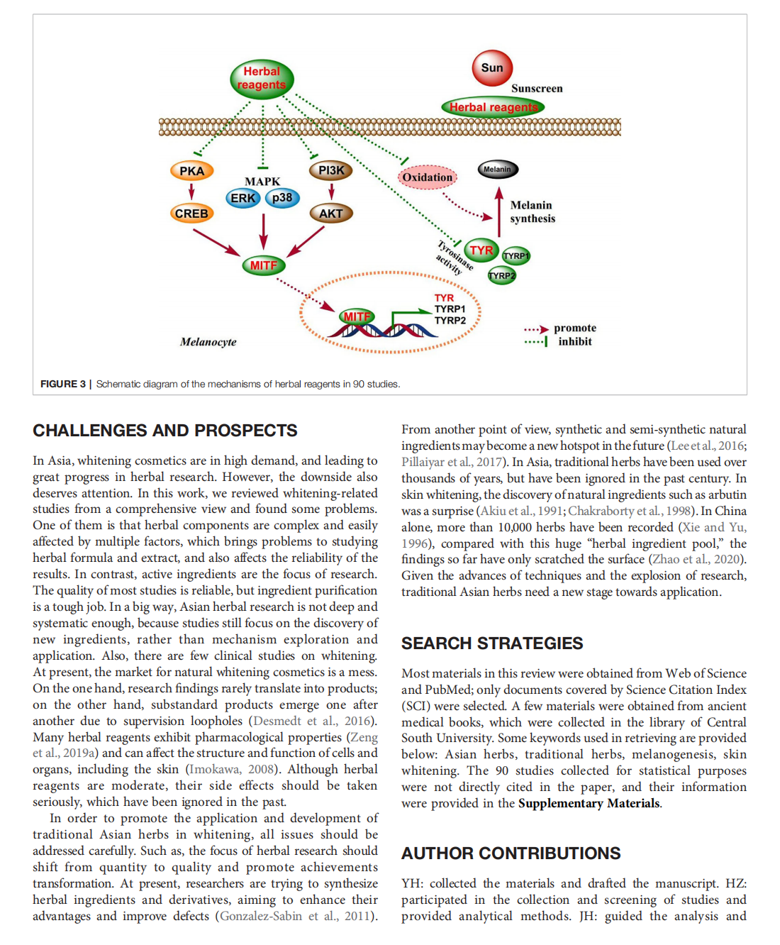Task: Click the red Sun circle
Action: click(x=492, y=68)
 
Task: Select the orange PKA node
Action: click(x=191, y=171)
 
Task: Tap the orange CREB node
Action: click(x=191, y=214)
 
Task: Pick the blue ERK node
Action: click(x=243, y=198)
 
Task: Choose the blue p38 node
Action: click(x=282, y=198)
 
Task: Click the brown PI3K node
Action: click(x=331, y=170)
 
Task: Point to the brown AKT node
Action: click(x=330, y=214)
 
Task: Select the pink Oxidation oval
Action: click(x=428, y=177)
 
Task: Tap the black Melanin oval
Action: click(x=497, y=169)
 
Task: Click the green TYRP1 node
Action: click(x=516, y=255)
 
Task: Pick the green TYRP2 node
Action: click(x=501, y=275)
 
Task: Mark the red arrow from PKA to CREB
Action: click(x=191, y=191)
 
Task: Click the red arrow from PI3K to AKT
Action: click(x=331, y=191)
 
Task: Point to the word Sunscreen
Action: click(x=537, y=89)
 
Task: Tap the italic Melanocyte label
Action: click(x=208, y=342)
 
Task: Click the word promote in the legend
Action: click(x=574, y=328)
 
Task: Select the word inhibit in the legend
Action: click(x=574, y=342)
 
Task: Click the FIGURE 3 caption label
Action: click(x=63, y=384)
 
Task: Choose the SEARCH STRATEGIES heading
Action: click(x=492, y=643)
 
